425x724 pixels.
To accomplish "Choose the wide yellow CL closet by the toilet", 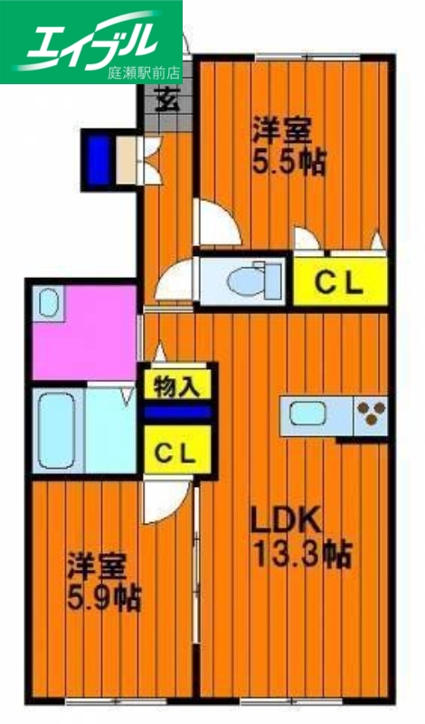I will [339, 282].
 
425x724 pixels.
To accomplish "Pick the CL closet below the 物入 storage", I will [176, 452].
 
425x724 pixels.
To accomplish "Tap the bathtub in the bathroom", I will [56, 429].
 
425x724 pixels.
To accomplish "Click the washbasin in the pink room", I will [49, 301].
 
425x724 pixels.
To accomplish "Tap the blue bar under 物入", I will [176, 412].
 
